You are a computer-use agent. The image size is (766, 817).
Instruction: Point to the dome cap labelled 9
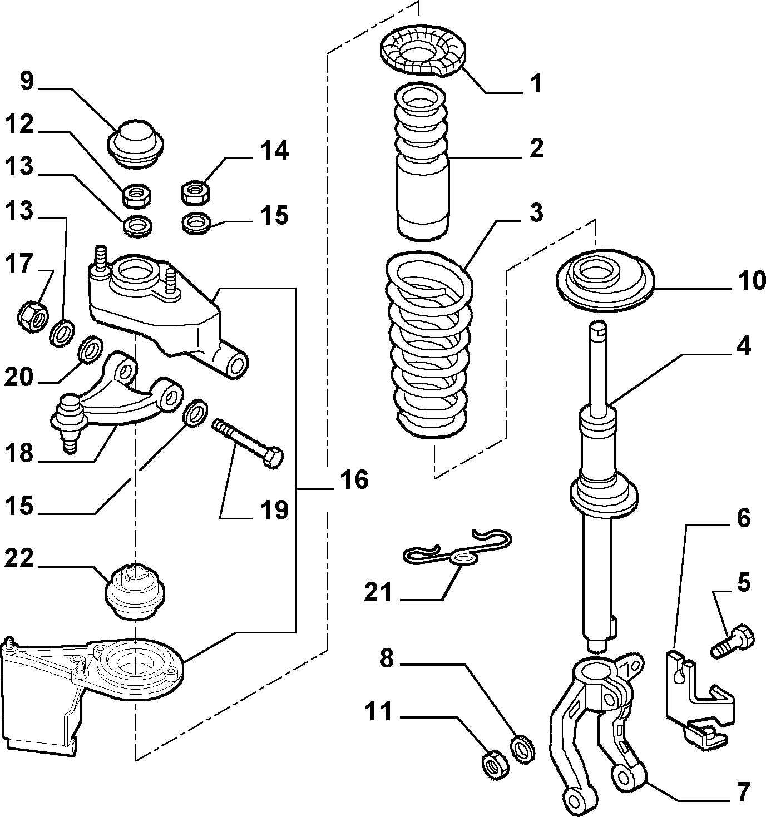[x=135, y=143]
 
